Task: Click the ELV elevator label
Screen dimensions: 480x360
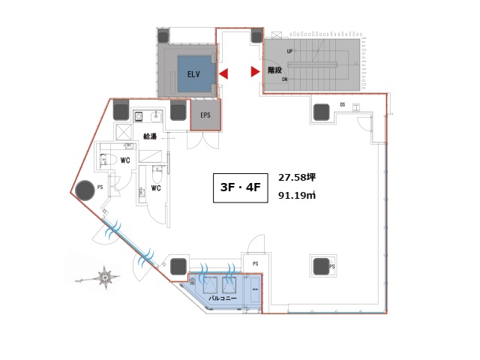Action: pos(193,74)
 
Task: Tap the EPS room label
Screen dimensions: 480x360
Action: pos(205,115)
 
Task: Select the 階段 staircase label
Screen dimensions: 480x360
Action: pos(274,70)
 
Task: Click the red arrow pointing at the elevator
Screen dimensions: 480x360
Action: pos(223,73)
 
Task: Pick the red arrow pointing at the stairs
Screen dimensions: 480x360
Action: pos(256,71)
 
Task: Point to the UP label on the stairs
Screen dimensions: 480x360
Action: pos(289,52)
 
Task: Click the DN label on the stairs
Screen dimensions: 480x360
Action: pos(285,79)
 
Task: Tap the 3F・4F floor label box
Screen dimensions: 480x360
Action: pos(241,188)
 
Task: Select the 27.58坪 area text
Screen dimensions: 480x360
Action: pos(297,178)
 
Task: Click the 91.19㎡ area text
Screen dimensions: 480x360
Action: pos(297,195)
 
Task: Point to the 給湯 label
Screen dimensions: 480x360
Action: pos(150,136)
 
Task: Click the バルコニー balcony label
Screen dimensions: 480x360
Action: pos(223,298)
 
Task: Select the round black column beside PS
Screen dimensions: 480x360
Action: pos(85,190)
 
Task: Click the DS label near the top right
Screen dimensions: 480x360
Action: pos(343,105)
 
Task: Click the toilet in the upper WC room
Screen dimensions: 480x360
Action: pos(107,159)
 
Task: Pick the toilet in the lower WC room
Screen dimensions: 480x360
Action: pos(157,173)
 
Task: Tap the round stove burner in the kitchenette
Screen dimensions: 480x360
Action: pos(139,116)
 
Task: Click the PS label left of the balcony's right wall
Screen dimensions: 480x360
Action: pos(255,263)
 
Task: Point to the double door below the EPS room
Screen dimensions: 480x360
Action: pos(203,140)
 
